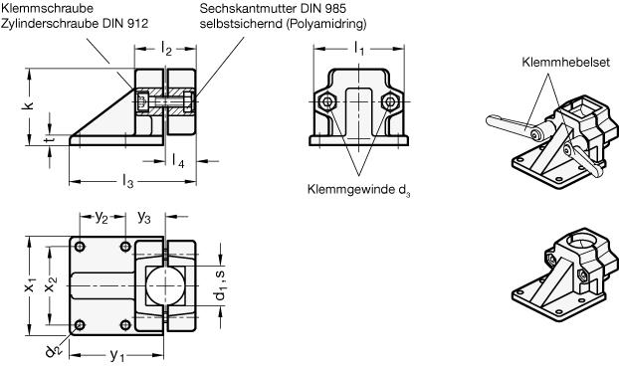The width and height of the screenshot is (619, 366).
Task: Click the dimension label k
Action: (29, 104)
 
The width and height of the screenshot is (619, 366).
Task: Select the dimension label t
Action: (50, 140)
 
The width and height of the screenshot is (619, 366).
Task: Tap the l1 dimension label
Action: (359, 49)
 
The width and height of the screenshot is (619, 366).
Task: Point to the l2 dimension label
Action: (166, 49)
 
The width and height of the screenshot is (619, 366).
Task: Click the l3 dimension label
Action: (128, 182)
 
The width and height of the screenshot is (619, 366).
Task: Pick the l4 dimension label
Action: (178, 160)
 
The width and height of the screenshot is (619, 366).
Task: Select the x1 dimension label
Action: (30, 286)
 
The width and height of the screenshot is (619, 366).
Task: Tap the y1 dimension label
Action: (117, 356)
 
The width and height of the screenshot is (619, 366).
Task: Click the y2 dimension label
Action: (102, 217)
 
